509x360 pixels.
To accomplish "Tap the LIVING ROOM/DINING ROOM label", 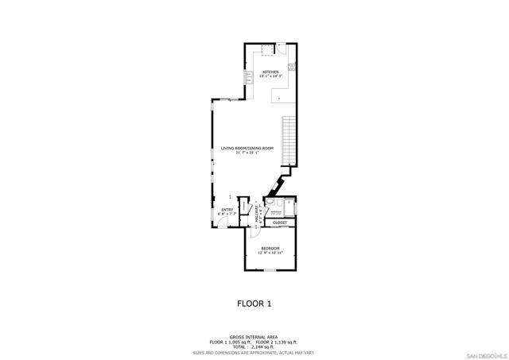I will click(247, 149).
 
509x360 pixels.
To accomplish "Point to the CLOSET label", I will click(280, 223).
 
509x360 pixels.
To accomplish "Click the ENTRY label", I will click(227, 210).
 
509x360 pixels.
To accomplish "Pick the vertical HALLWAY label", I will click(258, 211).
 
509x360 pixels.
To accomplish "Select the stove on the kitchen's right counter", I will click(292, 66).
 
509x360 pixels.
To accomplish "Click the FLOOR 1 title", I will click(254, 303).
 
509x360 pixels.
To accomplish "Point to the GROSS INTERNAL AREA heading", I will click(254, 337).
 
